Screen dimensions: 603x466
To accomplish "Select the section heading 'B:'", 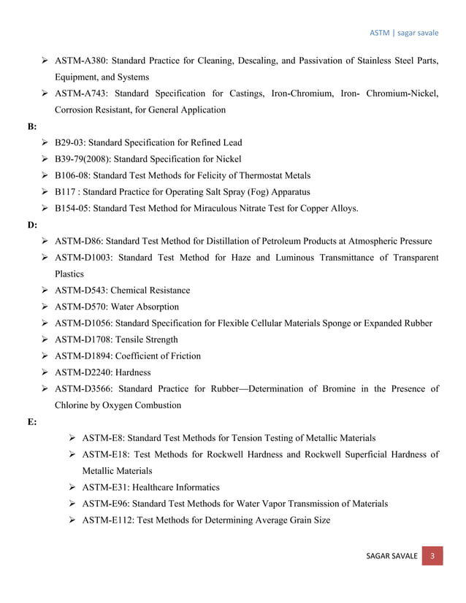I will click(33, 126).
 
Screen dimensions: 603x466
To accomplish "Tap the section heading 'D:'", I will click(33, 225).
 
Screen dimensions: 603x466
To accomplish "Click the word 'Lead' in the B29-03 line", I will click(230, 142).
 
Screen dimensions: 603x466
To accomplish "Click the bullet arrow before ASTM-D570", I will click(46, 307).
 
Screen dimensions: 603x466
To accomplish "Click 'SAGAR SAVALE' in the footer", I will click(392, 557).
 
